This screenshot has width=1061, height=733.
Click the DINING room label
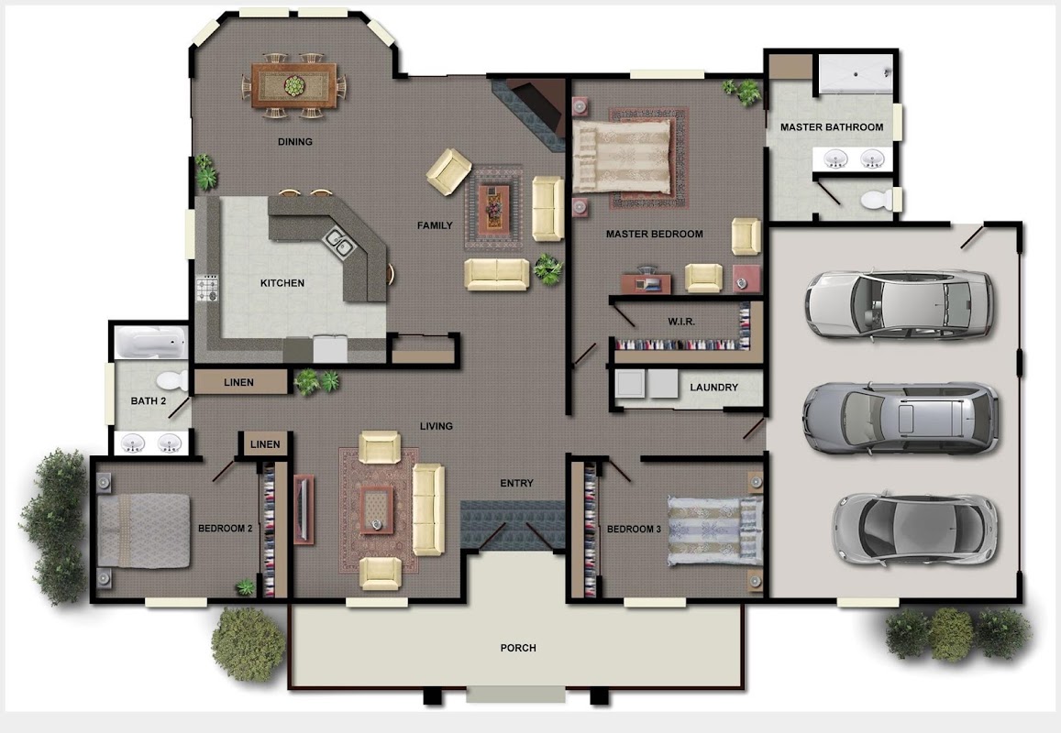295,141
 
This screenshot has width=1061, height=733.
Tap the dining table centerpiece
294,86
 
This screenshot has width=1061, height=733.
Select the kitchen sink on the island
338,241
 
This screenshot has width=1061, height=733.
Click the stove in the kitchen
208,289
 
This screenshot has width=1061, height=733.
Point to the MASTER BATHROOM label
832,127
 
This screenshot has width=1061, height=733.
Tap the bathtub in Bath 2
150,342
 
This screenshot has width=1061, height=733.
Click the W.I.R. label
681,322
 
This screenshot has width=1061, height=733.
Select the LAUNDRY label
713,388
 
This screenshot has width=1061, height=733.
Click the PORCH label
518,648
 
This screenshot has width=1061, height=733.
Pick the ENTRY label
517,483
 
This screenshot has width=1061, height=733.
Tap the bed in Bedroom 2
143,531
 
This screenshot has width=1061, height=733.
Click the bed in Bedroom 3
714,531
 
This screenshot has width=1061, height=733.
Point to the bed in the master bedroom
624,156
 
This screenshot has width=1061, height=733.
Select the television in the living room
304,509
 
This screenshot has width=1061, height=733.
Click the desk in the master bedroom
647,283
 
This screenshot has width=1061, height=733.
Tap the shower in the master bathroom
857,73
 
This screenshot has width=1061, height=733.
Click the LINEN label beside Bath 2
238,382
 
